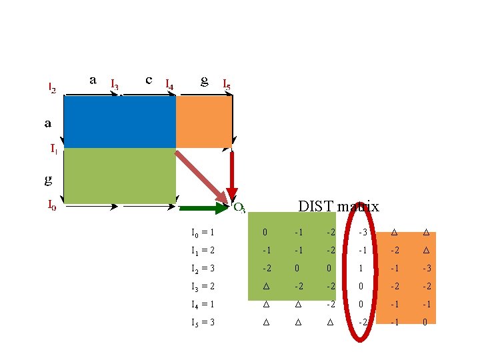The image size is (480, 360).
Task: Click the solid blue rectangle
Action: [119, 122]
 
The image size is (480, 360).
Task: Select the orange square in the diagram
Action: [203, 122]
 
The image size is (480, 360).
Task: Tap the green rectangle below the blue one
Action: [119, 175]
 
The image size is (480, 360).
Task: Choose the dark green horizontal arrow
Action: [204, 209]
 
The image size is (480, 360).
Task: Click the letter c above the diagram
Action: [149, 79]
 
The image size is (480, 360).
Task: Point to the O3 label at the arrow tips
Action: [239, 207]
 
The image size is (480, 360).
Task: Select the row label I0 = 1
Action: [203, 233]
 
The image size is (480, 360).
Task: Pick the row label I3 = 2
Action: [203, 287]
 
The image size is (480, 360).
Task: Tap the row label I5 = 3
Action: [203, 323]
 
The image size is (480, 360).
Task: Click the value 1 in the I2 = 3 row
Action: [361, 269]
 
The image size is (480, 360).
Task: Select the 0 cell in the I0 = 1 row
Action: [265, 233]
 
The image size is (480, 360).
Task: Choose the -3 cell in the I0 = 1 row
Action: [361, 233]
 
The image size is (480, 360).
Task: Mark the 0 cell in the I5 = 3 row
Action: [425, 323]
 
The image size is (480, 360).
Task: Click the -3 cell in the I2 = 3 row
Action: [425, 269]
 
